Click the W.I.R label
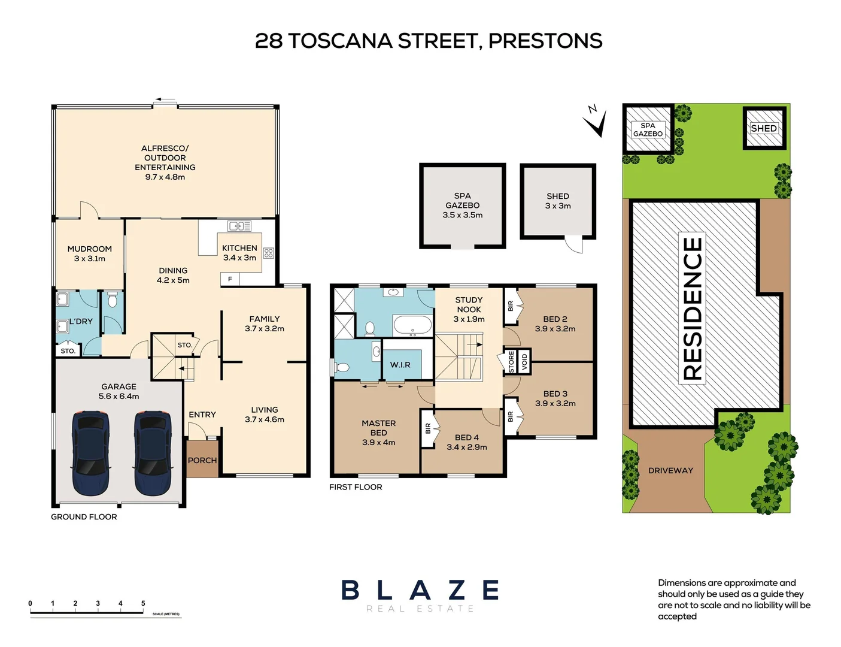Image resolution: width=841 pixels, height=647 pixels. [400, 365]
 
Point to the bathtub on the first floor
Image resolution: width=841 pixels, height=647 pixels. [412, 326]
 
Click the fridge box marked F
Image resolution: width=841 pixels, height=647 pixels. [230, 279]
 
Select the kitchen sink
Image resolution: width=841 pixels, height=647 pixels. [239, 226]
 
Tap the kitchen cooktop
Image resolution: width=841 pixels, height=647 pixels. [268, 253]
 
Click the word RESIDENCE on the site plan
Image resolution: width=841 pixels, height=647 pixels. [693, 309]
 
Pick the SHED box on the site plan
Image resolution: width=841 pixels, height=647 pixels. [764, 128]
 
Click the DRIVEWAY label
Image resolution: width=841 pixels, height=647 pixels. [670, 471]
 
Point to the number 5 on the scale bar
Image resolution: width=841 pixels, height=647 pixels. [143, 603]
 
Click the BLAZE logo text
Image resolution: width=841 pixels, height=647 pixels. [420, 590]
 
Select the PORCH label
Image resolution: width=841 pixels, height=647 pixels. [202, 461]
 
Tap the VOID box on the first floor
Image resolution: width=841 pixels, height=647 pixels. [524, 361]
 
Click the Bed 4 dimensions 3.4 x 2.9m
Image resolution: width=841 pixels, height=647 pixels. [467, 447]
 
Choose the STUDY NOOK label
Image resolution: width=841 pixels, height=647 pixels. [469, 304]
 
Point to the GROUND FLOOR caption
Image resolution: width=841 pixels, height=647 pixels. [84, 517]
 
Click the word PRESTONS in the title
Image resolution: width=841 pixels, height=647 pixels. [545, 41]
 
